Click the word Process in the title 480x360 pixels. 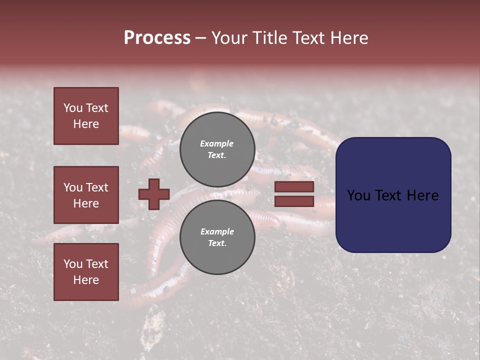tap(157, 38)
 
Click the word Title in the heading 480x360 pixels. tap(268, 38)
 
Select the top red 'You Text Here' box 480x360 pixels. tap(86, 116)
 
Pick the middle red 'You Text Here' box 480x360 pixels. tap(86, 195)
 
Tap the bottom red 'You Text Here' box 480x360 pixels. tap(86, 272)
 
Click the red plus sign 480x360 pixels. tap(154, 194)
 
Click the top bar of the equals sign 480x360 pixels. tap(294, 187)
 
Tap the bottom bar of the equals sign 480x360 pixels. tap(294, 201)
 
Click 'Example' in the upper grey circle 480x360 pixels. tap(216, 143)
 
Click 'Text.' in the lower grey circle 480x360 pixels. tap(217, 243)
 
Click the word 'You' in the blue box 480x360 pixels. tap(358, 195)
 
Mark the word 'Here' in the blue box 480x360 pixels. tap(422, 195)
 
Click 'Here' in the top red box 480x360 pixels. tap(86, 124)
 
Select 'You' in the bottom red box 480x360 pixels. tap(73, 264)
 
